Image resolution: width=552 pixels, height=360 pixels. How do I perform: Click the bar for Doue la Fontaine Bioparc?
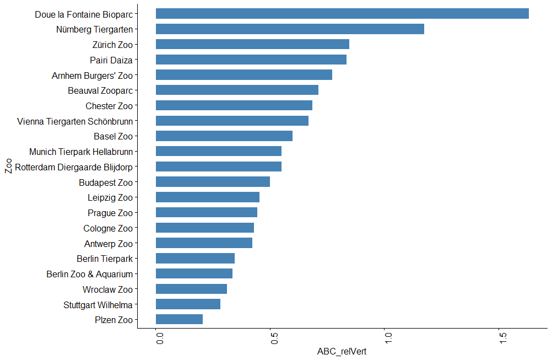(x=342, y=14)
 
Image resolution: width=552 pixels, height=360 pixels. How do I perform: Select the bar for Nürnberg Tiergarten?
(x=290, y=29)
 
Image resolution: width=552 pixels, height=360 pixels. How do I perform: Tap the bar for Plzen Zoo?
(x=179, y=319)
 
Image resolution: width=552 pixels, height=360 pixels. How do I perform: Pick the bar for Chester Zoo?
(x=234, y=105)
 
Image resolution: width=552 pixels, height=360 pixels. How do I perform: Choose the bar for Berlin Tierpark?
(x=195, y=258)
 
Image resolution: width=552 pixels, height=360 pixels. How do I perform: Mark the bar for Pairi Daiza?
(x=251, y=60)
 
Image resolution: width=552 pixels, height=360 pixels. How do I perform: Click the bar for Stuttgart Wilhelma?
(x=188, y=304)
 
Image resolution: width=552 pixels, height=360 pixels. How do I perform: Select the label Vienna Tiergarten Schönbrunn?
(x=75, y=121)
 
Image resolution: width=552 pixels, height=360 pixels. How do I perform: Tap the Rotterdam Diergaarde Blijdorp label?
(x=74, y=166)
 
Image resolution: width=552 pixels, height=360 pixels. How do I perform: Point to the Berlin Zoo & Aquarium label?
(x=90, y=273)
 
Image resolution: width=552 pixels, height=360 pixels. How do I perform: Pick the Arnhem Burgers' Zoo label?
(x=92, y=75)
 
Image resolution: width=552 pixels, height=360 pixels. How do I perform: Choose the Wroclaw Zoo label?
(x=107, y=289)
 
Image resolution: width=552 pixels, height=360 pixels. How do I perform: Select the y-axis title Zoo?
(x=8, y=166)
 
